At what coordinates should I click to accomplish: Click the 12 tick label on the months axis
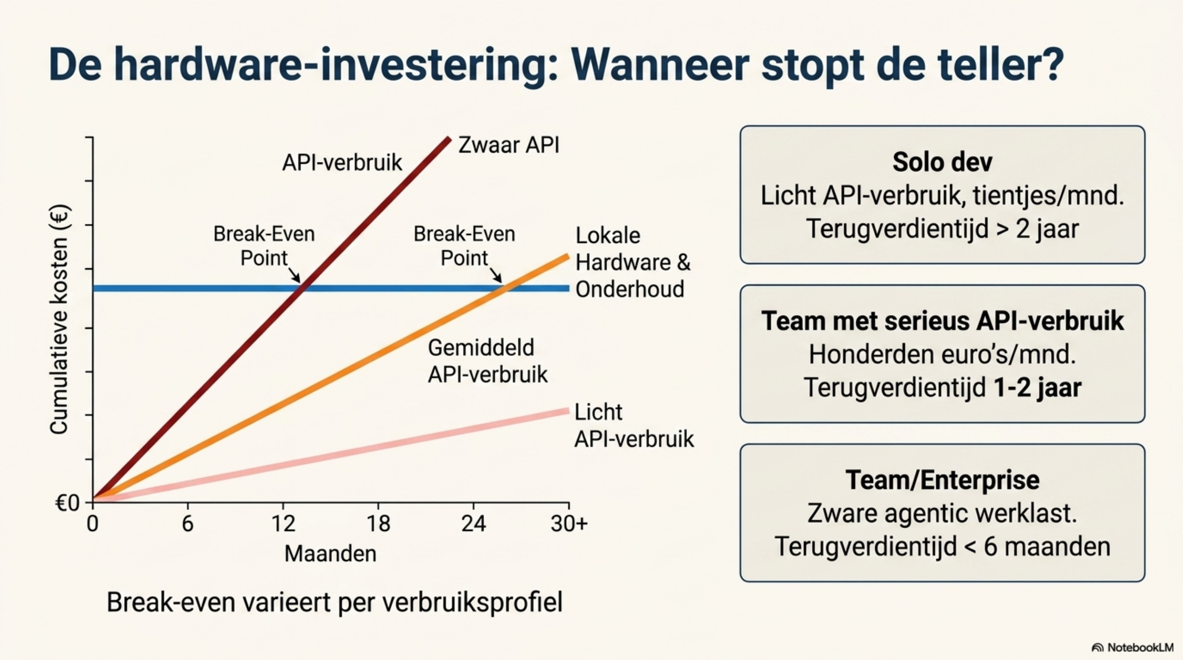(283, 523)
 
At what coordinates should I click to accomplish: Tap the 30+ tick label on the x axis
(569, 523)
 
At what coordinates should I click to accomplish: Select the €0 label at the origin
(67, 503)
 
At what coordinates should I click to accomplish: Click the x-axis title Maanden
(330, 554)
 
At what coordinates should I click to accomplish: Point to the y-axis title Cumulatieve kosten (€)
(59, 319)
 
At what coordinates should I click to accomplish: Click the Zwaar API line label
(509, 145)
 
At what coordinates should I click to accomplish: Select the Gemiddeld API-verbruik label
(487, 361)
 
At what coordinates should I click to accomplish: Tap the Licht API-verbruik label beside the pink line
(634, 425)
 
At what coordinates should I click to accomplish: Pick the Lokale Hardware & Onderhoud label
(633, 262)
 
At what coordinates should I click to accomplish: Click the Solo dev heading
(942, 162)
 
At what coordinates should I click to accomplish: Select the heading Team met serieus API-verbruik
(942, 321)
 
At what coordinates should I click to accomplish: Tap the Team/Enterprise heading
(942, 480)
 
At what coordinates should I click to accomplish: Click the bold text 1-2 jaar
(1037, 388)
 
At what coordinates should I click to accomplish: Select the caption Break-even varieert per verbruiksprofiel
(334, 603)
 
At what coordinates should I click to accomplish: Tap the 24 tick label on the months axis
(473, 523)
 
